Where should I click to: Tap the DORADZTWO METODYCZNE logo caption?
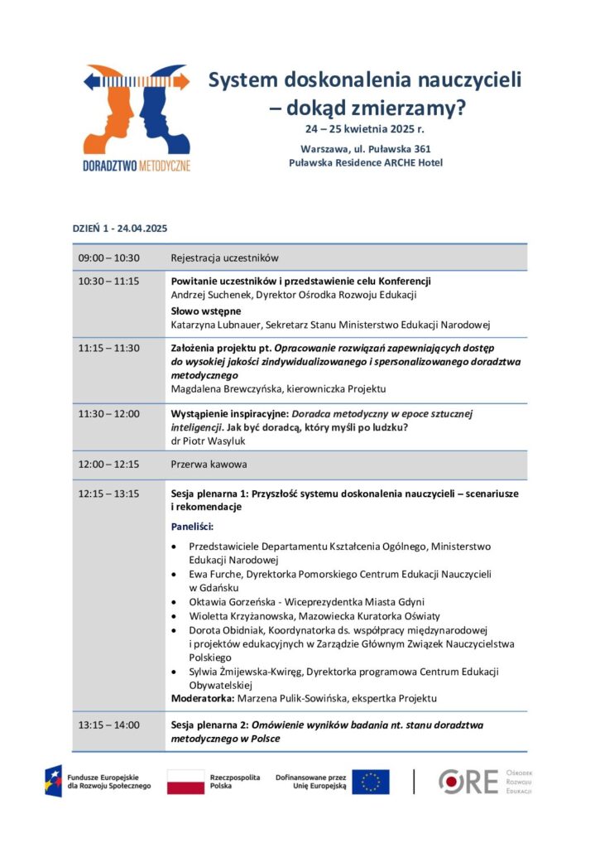coord(137,165)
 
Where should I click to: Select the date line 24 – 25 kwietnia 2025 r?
coord(365,130)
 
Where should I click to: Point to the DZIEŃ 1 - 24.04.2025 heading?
coord(119,228)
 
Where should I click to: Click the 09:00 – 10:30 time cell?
coord(108,258)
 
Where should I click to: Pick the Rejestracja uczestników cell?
coord(224,258)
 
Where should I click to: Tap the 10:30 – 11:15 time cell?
coord(108,281)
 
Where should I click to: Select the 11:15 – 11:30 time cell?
coord(108,348)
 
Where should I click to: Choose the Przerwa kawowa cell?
coord(209,465)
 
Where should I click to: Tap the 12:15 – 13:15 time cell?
coord(108,494)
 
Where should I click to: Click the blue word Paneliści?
coord(192,526)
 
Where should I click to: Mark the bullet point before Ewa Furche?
coord(173,574)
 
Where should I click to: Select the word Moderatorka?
coord(200,698)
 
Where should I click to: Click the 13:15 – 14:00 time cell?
coord(108,725)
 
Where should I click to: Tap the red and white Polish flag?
coord(185,782)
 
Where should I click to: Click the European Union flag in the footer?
coord(370,782)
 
